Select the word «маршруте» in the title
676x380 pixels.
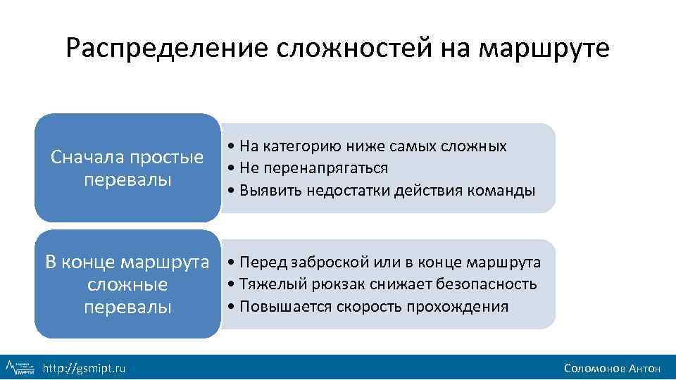544,49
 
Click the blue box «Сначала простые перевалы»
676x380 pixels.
127,167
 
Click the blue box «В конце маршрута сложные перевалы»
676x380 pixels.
127,284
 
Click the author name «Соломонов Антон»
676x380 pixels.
612,368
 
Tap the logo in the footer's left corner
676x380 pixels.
20,367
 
